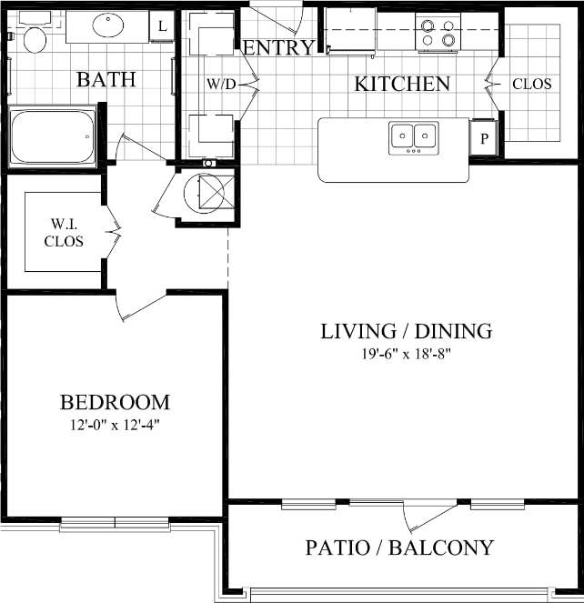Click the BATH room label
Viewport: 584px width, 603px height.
pos(106,80)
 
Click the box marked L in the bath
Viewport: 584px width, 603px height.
pos(163,26)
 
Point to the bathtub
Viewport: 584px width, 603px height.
pos(52,136)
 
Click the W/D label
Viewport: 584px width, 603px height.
pos(220,84)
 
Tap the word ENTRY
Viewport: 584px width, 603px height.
pos(279,48)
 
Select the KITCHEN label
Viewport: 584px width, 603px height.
pos(401,85)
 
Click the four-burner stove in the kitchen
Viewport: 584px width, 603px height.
pos(438,32)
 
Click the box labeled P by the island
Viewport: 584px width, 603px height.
pos(483,139)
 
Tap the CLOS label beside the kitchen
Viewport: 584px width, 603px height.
pos(531,84)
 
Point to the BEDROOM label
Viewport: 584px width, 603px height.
pos(115,402)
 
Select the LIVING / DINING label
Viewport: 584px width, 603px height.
pos(406,331)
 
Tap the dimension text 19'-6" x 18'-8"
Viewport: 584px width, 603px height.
pos(406,354)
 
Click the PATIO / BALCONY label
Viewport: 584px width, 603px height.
pos(399,548)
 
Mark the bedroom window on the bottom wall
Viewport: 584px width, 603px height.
pos(115,524)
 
